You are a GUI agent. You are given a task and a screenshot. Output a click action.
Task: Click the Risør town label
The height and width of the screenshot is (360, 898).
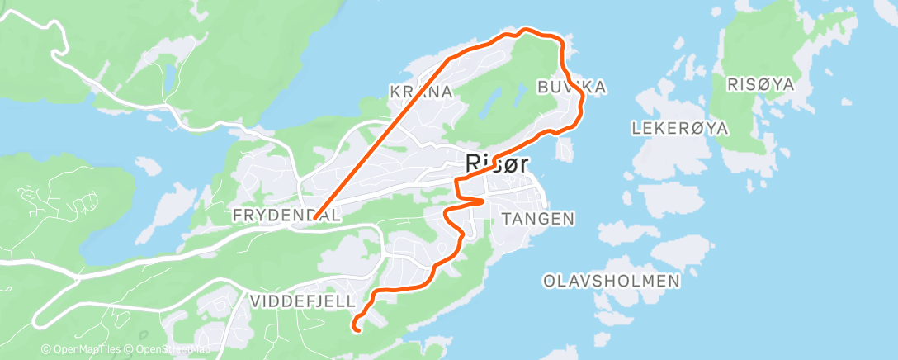(496, 163)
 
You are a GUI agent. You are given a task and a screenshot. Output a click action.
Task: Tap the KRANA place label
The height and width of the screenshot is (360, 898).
(423, 92)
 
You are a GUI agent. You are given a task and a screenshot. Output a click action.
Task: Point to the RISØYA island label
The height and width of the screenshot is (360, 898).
(760, 84)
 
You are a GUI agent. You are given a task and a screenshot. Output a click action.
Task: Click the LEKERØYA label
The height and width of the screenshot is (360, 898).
(679, 128)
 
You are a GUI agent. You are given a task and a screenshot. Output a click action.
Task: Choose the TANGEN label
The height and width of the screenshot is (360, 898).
(537, 218)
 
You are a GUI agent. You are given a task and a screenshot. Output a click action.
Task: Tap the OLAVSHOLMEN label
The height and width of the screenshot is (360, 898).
(612, 281)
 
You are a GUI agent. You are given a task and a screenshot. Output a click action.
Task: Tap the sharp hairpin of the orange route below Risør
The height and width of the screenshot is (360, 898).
(482, 200)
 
